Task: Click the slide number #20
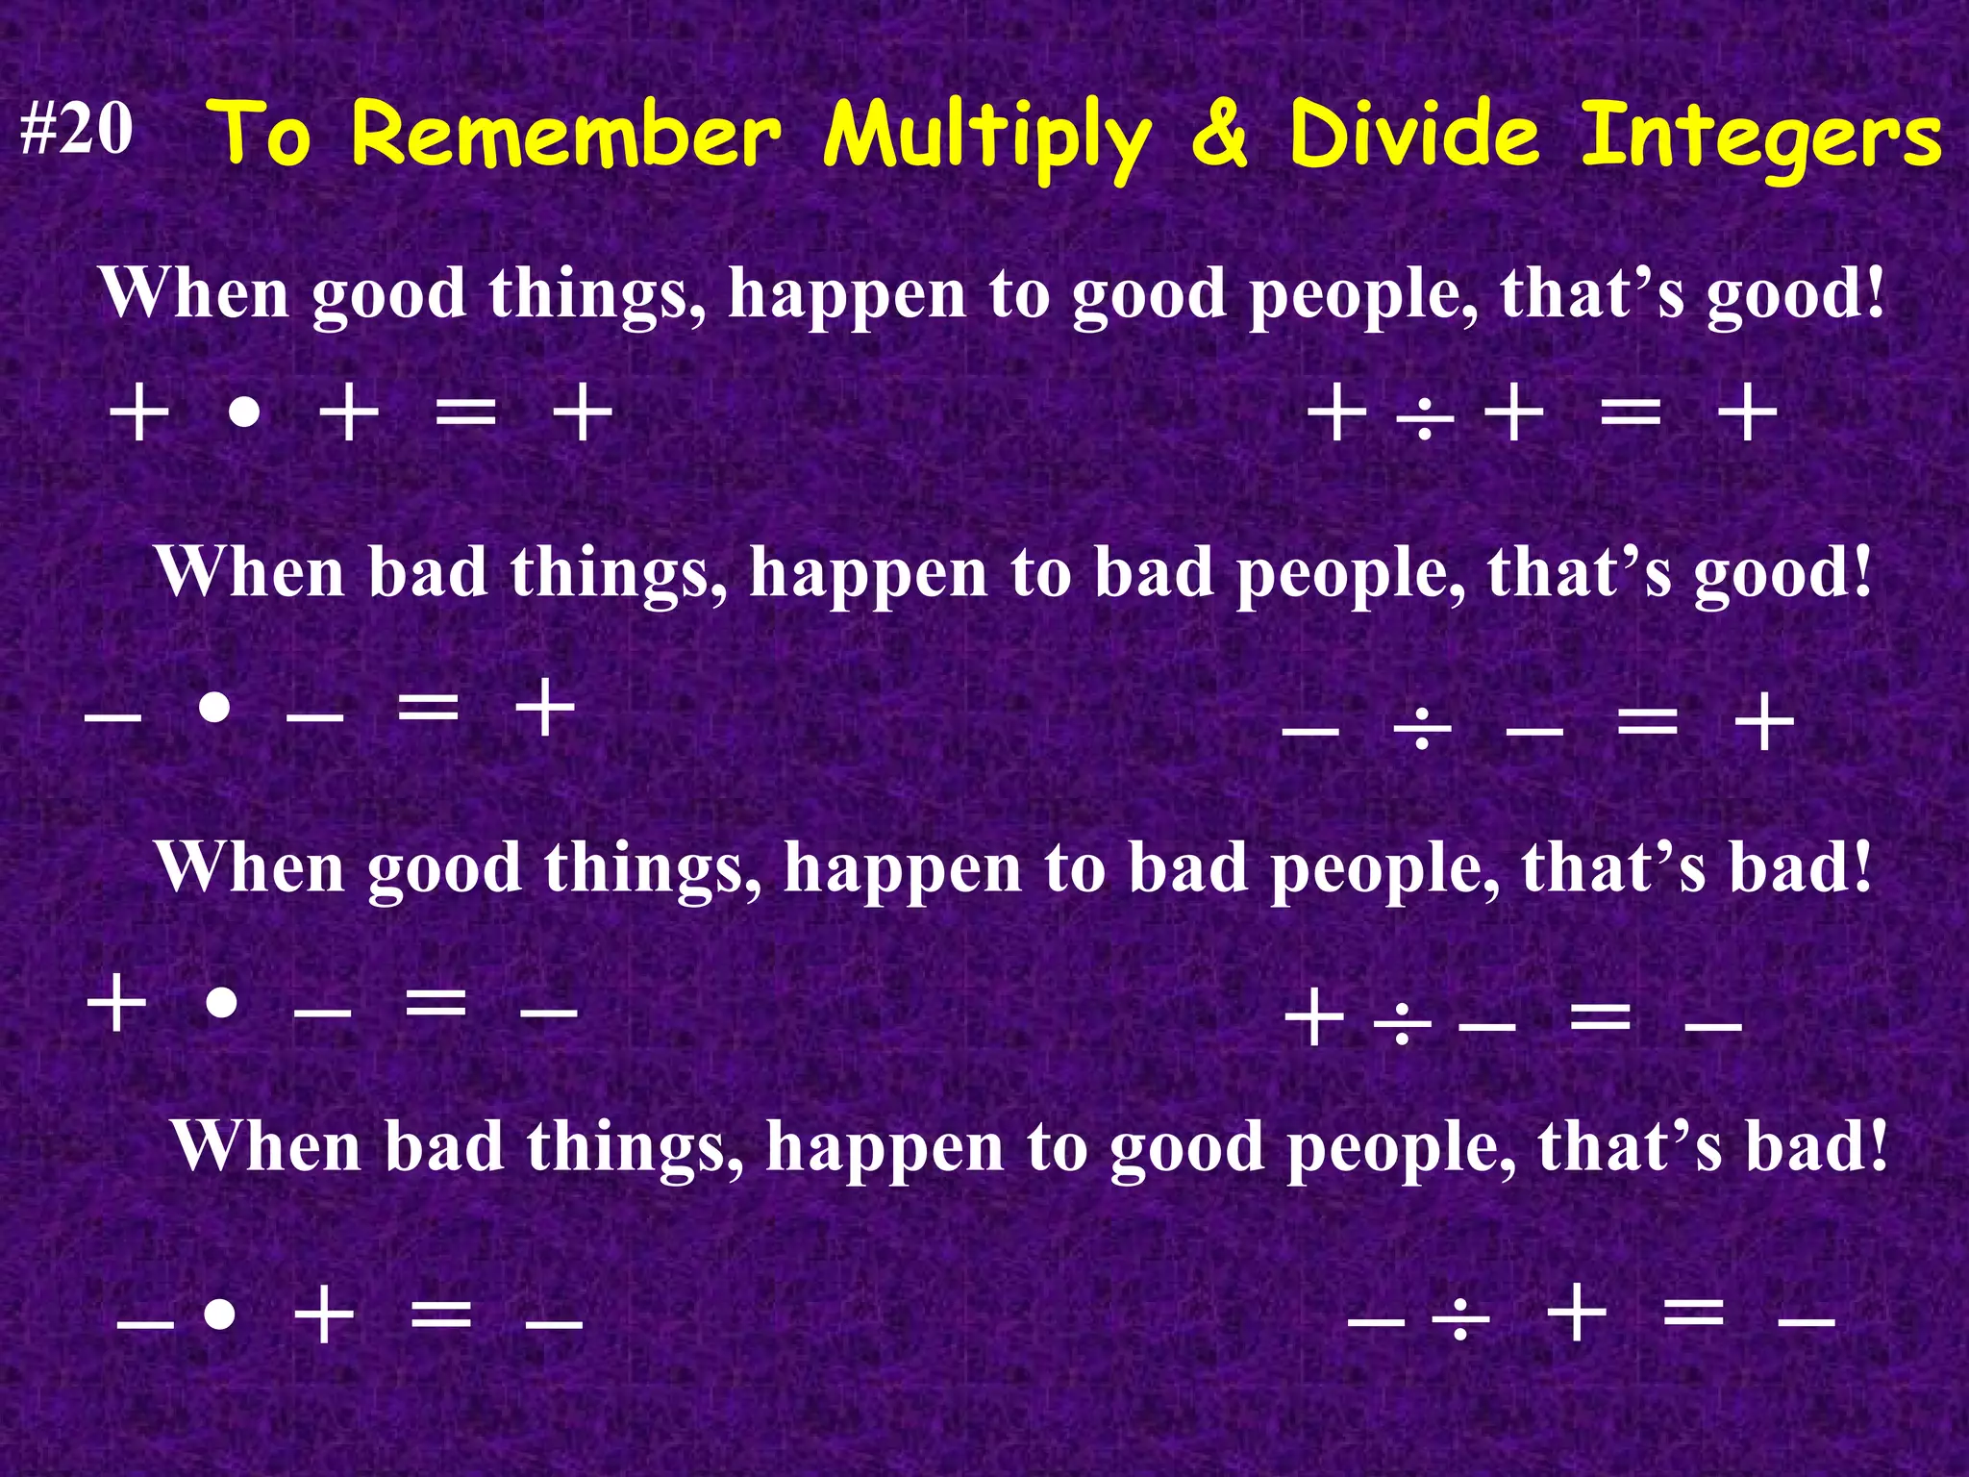click(77, 129)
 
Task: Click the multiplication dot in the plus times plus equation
click(245, 414)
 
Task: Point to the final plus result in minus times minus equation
click(545, 709)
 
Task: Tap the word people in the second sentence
click(1351, 574)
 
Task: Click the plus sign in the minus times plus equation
click(324, 1314)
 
